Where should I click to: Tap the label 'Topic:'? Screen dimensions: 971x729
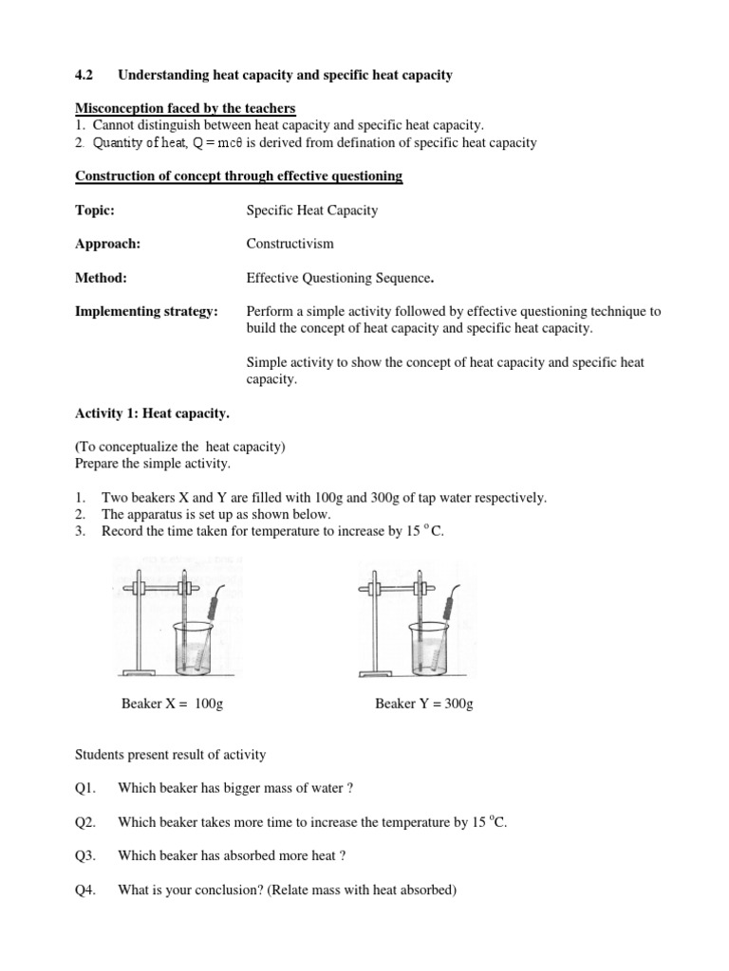(x=95, y=211)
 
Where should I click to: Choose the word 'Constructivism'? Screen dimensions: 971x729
(x=290, y=244)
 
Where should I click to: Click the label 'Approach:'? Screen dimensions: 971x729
(x=107, y=244)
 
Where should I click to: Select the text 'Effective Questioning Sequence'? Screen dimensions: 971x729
(x=339, y=278)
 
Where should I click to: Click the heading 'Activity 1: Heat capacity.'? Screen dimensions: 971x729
(x=151, y=413)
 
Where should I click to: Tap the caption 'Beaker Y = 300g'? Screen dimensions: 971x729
(x=424, y=703)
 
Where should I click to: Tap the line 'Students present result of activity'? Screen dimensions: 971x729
(x=170, y=755)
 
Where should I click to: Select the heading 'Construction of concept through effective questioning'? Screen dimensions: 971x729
(x=238, y=176)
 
